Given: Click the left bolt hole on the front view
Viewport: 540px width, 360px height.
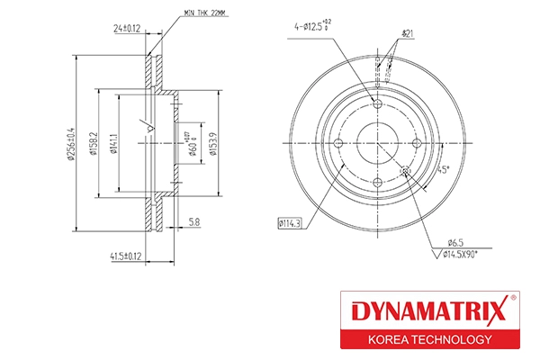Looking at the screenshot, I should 338,143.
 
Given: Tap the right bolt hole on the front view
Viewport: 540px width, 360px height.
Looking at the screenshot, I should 417,143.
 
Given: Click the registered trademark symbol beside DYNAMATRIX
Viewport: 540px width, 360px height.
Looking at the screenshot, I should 513,299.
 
